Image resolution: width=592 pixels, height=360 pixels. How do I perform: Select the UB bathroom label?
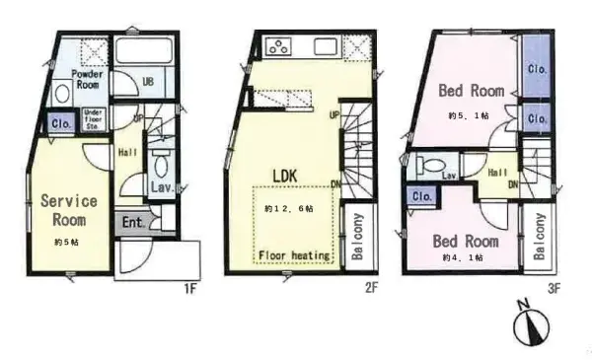click(x=147, y=81)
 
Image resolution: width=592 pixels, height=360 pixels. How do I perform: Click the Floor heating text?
click(x=293, y=255)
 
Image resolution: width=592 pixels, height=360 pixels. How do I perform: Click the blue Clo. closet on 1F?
click(x=59, y=123)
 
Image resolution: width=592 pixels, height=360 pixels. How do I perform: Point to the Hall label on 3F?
click(x=497, y=172)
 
